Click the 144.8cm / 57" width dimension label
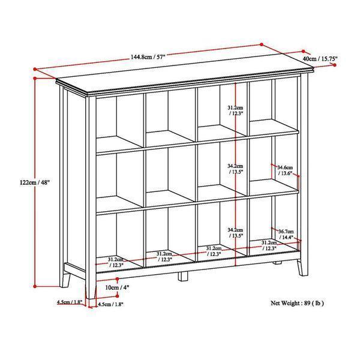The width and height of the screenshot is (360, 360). coord(148,56)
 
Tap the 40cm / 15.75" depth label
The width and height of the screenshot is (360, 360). coord(320,59)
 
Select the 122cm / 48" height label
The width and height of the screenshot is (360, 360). coord(35,182)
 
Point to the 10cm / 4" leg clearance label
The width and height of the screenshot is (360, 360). coord(118,287)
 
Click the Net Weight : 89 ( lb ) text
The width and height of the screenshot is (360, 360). coord(297,303)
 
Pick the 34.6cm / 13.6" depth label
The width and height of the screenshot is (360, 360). coord(285,170)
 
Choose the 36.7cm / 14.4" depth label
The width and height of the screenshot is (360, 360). coord(286,234)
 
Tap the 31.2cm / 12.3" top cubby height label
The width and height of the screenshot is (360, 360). coord(235,110)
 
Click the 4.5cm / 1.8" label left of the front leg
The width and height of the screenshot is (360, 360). coord(70,302)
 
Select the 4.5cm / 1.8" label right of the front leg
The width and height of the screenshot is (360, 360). coord(110,304)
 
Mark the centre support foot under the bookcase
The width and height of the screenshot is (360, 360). coord(183,276)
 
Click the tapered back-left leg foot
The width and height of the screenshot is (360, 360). coord(65,280)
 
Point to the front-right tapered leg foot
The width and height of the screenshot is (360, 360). coord(302,268)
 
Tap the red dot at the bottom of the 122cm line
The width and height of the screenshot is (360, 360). coord(35,286)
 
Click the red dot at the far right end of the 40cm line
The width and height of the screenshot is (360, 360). coord(335,65)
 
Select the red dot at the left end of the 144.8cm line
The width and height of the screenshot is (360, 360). coord(35,69)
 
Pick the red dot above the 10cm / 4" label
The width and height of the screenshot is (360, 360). coord(118,279)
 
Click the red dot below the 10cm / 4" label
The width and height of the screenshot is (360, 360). coord(118,296)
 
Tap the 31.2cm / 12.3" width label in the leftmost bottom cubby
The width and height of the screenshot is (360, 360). coord(116,262)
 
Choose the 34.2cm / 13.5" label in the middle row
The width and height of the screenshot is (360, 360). coord(235,169)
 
